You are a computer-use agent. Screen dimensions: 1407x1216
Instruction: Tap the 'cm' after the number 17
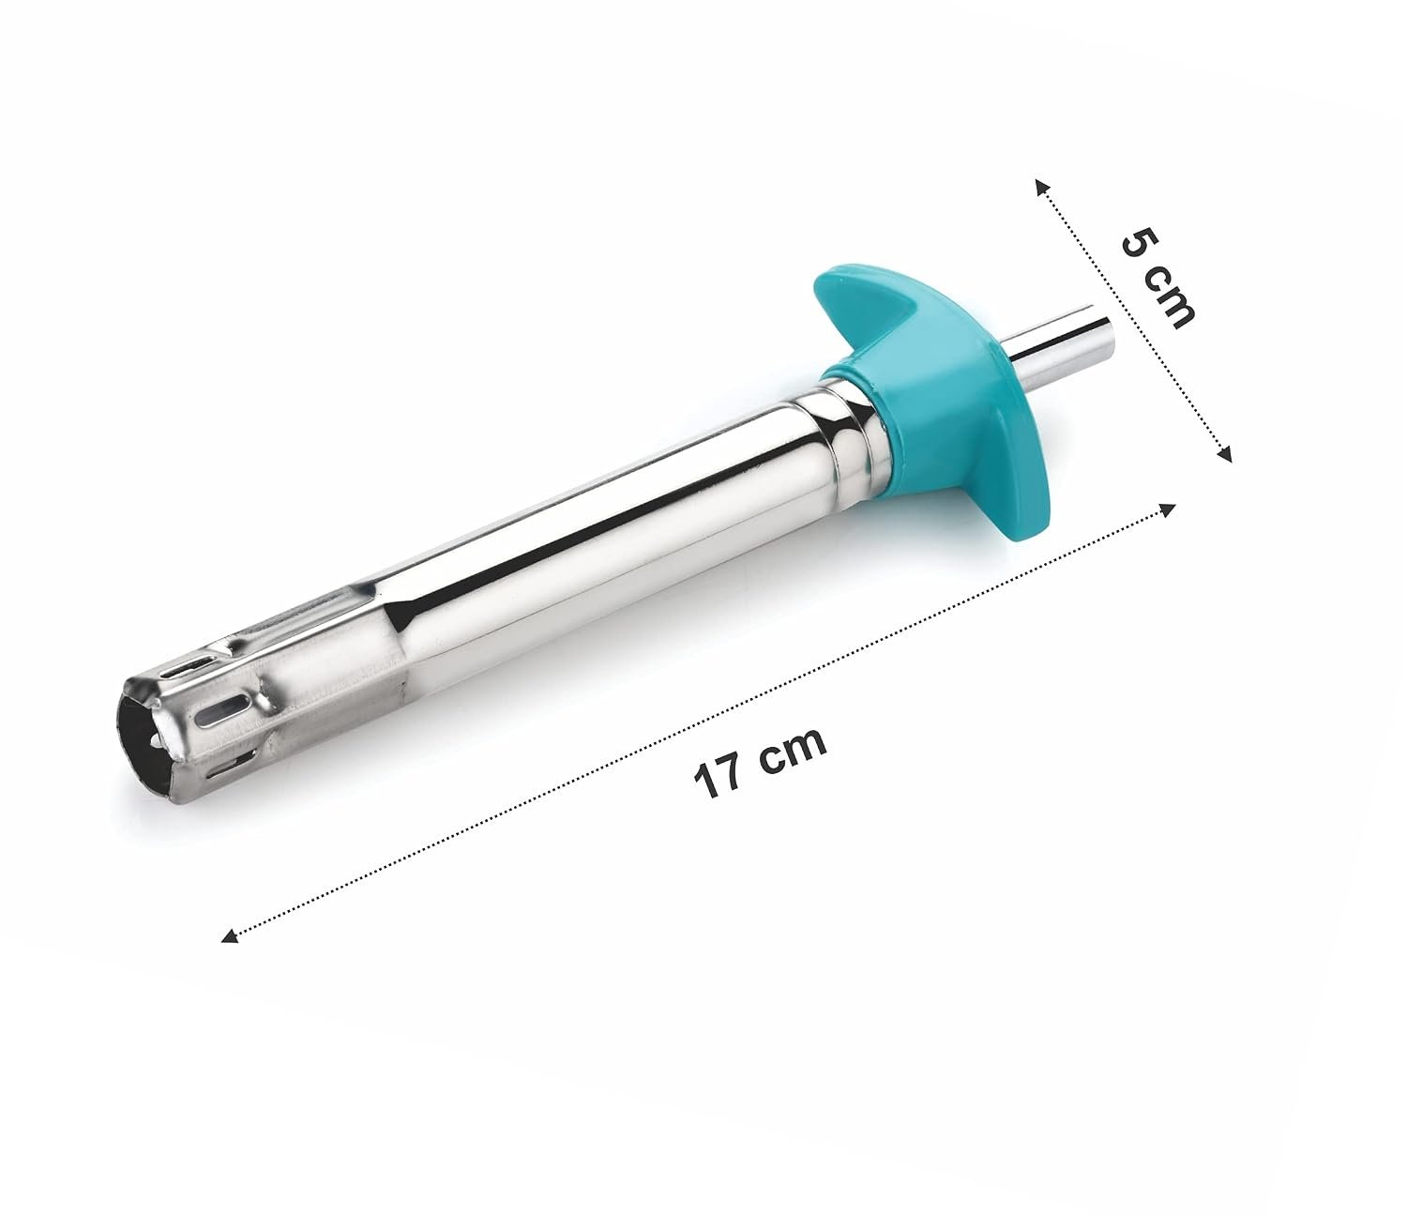coord(795,749)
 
